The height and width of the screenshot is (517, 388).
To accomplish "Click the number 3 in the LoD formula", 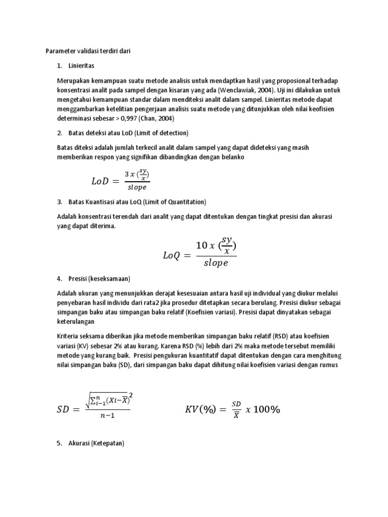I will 127,174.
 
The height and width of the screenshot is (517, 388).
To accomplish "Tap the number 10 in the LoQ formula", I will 202,245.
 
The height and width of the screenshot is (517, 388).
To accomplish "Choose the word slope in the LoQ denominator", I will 216,263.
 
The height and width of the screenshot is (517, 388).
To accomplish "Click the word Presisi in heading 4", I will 78,279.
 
